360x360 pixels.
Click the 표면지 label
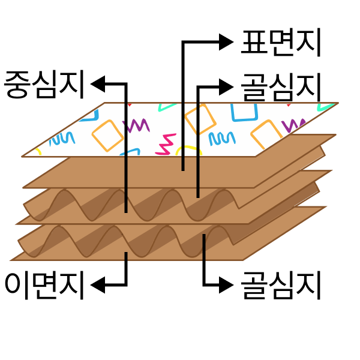click(281, 43)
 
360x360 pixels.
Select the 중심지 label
click(44, 85)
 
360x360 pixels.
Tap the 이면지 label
click(44, 286)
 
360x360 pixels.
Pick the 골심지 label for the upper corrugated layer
click(281, 88)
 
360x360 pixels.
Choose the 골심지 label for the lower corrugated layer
click(281, 286)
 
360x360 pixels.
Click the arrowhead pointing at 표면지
click(226, 42)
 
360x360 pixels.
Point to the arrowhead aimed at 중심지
click(98, 84)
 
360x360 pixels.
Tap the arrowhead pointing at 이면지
click(98, 285)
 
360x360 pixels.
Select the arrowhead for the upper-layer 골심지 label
click(226, 87)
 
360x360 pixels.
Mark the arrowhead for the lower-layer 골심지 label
click(226, 285)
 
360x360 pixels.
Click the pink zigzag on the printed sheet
click(166, 144)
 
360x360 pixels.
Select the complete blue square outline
click(244, 113)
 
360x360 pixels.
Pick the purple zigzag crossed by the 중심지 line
click(136, 125)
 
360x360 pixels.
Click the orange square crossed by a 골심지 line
click(200, 119)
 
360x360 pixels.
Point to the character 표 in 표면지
click(254, 43)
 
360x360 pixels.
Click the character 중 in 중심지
click(17, 85)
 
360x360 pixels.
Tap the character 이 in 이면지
click(17, 286)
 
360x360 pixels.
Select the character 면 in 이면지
click(45, 286)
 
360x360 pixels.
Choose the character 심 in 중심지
click(45, 85)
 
